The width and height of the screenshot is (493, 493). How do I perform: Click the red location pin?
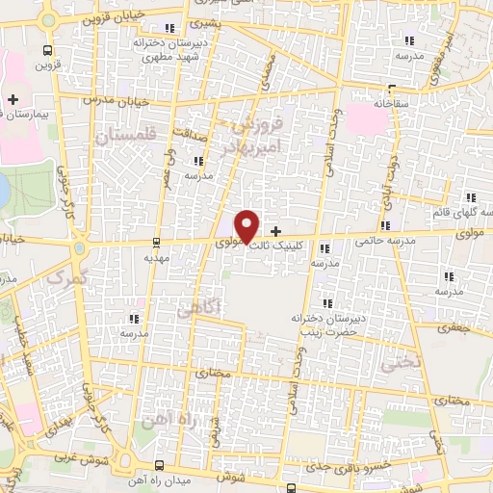[x=247, y=225]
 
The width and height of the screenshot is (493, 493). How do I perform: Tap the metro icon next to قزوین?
[x=47, y=50]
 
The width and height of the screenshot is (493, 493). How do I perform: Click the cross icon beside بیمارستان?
[x=13, y=99]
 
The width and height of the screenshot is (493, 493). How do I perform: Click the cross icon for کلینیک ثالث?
[x=277, y=231]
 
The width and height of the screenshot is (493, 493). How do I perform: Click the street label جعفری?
[x=450, y=327]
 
